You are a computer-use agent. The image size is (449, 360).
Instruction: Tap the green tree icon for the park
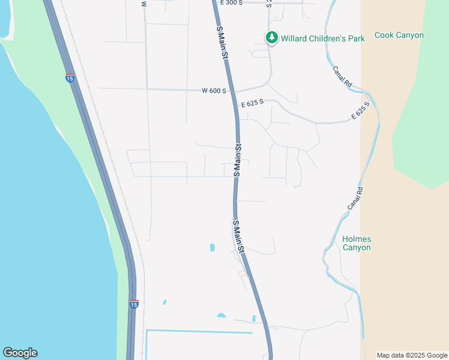[272, 38]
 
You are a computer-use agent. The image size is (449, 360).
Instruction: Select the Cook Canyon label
[399, 35]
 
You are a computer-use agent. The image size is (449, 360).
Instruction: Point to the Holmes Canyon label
[357, 243]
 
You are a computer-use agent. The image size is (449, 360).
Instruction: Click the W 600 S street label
[214, 91]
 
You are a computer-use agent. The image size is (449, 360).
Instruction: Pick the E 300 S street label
[232, 3]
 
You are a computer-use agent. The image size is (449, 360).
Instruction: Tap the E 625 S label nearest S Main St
[253, 104]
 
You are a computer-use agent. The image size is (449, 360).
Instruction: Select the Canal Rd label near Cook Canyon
[342, 77]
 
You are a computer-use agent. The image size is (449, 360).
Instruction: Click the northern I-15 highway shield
[70, 77]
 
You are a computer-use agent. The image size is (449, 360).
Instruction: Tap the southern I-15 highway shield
[133, 304]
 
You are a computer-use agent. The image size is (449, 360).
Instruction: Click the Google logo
[20, 353]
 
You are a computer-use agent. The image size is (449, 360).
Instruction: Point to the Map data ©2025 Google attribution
[412, 355]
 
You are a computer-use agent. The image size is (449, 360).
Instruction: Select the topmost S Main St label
[222, 43]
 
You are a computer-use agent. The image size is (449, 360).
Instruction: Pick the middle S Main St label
[238, 160]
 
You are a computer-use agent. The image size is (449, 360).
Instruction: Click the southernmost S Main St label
[238, 236]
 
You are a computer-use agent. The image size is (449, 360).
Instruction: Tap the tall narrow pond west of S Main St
[212, 247]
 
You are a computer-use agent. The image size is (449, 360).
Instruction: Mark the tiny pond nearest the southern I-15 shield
[164, 302]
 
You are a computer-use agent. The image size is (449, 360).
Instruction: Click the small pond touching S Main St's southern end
[254, 319]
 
